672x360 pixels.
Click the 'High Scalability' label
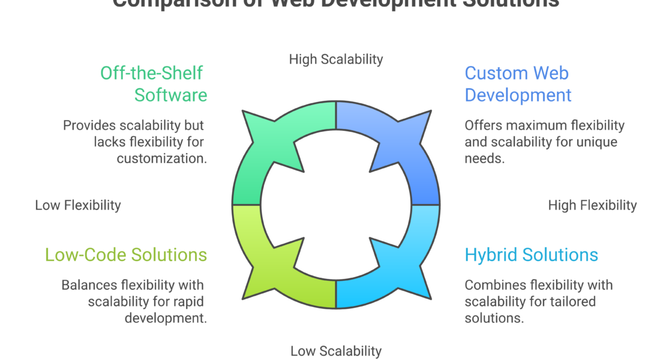335,59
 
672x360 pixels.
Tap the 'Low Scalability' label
335,351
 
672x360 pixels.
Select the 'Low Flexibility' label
78,205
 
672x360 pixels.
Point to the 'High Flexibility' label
592,205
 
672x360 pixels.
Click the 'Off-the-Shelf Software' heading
153,84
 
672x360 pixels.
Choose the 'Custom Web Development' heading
518,84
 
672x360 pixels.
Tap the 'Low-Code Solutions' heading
126,255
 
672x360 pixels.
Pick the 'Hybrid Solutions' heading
531,255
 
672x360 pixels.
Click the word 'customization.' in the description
162,159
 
